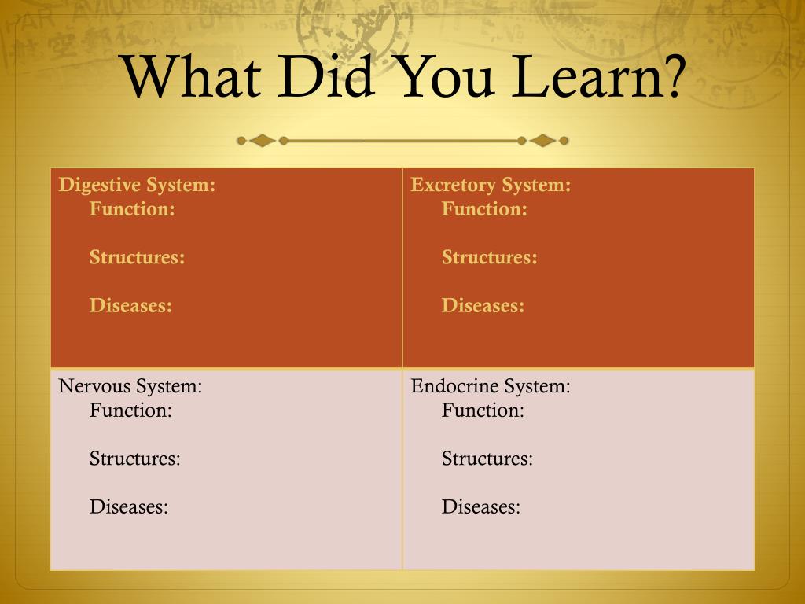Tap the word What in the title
click(192, 76)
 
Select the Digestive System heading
click(137, 185)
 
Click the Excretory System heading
click(491, 185)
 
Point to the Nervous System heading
click(130, 386)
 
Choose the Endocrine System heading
click(491, 386)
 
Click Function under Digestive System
click(132, 209)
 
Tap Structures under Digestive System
click(138, 257)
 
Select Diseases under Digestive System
click(131, 306)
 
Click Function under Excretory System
click(484, 209)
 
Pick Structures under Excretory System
click(490, 257)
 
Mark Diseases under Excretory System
click(483, 306)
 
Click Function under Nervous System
click(131, 411)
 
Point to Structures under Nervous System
click(135, 459)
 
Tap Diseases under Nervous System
click(129, 507)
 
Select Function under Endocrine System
click(483, 411)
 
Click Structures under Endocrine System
click(487, 459)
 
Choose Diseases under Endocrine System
click(481, 507)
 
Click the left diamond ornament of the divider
click(263, 141)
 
